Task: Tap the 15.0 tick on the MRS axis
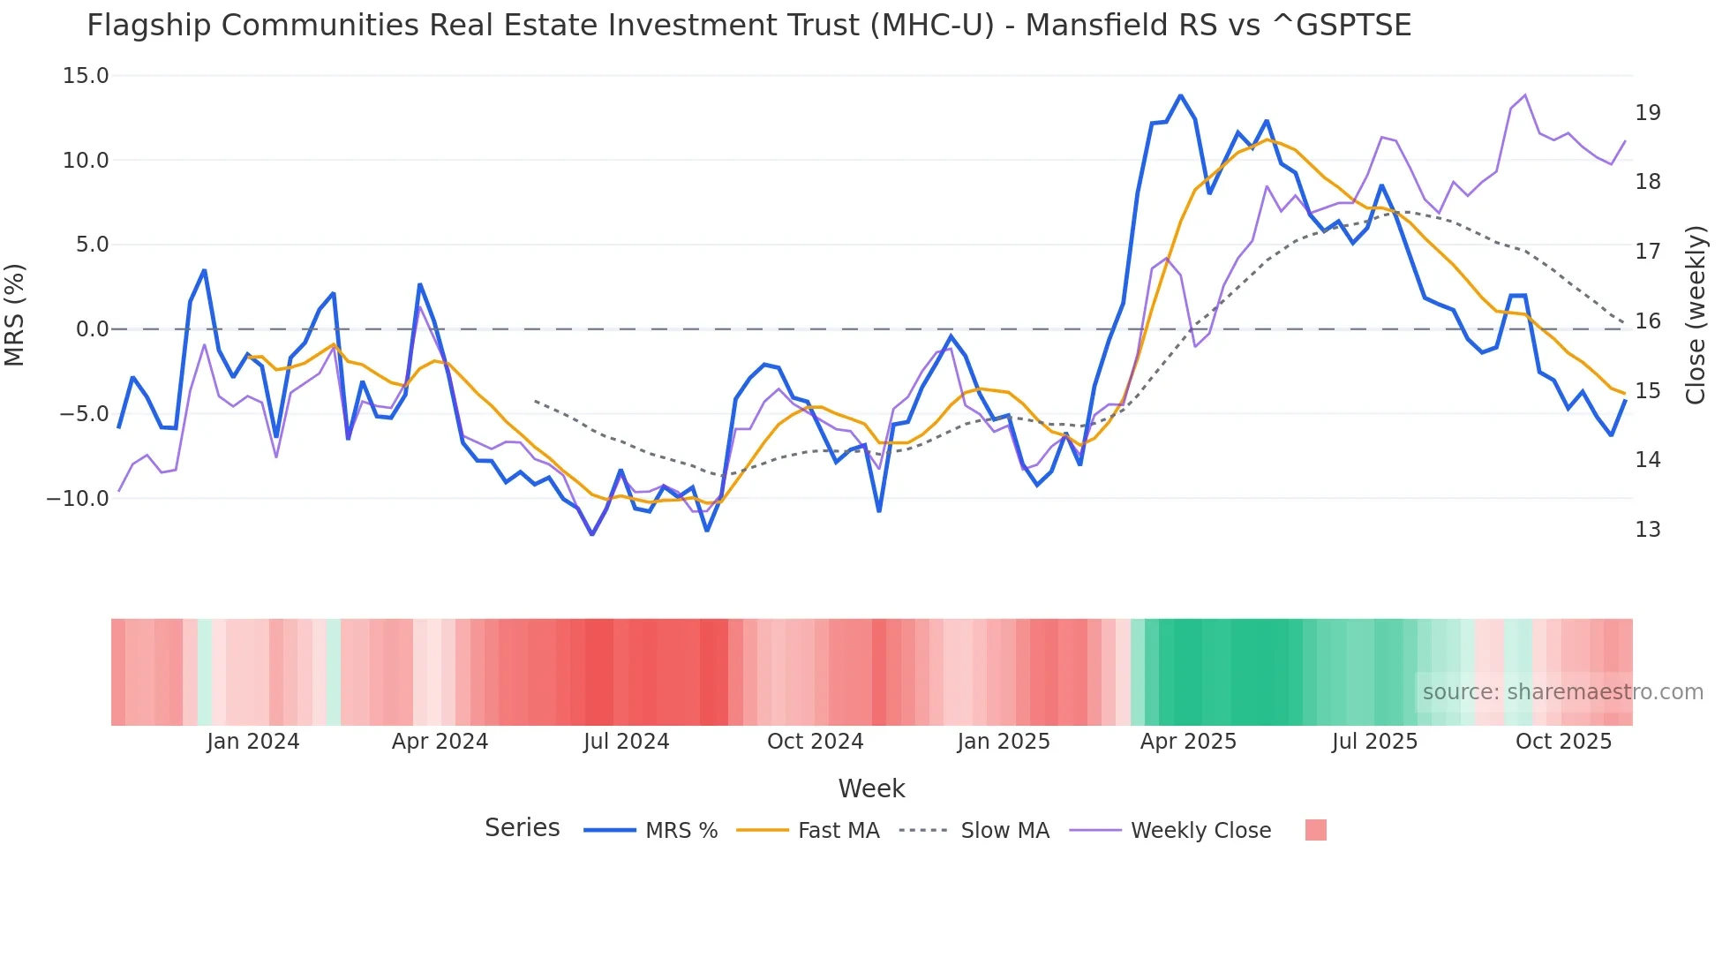click(x=86, y=76)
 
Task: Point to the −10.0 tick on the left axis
click(x=78, y=498)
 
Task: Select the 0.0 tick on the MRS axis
click(x=92, y=329)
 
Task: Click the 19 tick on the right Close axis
click(x=1648, y=113)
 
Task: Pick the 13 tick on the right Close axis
click(x=1648, y=530)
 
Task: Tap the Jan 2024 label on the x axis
click(x=253, y=742)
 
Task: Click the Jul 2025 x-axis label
click(x=1374, y=742)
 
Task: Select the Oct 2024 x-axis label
click(x=815, y=742)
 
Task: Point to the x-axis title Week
click(x=871, y=788)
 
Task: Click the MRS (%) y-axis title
click(x=15, y=315)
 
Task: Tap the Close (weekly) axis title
click(x=1696, y=315)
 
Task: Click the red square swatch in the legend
click(x=1315, y=830)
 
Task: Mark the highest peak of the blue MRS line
click(x=1180, y=95)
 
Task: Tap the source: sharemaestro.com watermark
click(x=1562, y=692)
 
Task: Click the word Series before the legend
click(x=522, y=828)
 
